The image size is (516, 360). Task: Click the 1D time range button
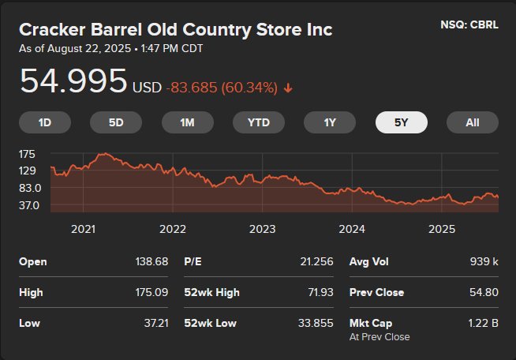click(45, 122)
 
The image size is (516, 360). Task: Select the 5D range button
click(116, 122)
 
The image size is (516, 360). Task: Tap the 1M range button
click(187, 122)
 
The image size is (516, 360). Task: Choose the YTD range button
click(259, 122)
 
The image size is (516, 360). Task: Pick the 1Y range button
click(330, 122)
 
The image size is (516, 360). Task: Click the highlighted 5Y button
click(401, 122)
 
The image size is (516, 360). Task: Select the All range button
click(473, 122)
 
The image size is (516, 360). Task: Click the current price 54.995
click(73, 82)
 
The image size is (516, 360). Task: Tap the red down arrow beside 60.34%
click(288, 88)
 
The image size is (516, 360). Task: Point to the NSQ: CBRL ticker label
click(469, 25)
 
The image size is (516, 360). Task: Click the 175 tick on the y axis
click(28, 154)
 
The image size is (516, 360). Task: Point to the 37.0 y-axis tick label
click(29, 205)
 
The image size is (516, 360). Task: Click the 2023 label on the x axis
click(262, 229)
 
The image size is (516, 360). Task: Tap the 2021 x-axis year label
click(83, 229)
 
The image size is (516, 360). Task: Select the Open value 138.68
click(151, 261)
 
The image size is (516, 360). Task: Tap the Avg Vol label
click(368, 261)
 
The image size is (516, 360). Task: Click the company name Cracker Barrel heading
click(175, 30)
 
